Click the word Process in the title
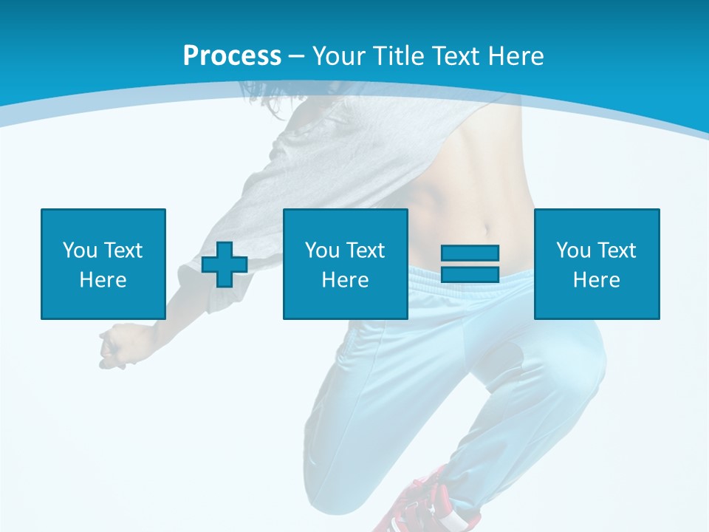pyautogui.click(x=232, y=56)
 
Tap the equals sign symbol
pyautogui.click(x=470, y=264)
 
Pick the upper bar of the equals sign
pyautogui.click(x=470, y=253)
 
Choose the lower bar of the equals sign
pyautogui.click(x=470, y=274)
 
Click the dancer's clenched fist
pyautogui.click(x=114, y=346)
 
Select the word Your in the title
pyautogui.click(x=337, y=56)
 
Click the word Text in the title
pyautogui.click(x=453, y=56)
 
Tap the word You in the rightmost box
pyautogui.click(x=572, y=250)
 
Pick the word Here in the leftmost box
pyautogui.click(x=103, y=280)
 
